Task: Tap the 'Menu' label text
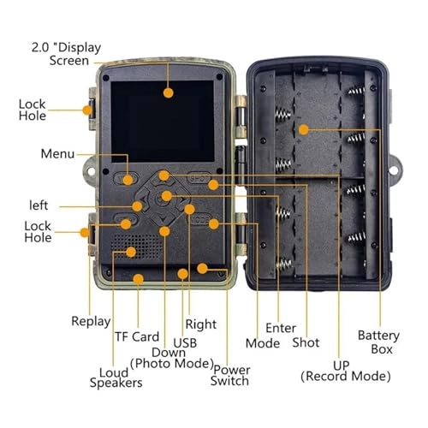tap(57, 154)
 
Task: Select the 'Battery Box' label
tap(377, 342)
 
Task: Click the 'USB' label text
tap(185, 343)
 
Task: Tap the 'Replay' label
tap(90, 321)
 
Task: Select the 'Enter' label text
tap(280, 327)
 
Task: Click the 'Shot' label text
tap(306, 342)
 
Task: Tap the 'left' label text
tap(38, 205)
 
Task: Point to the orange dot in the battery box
tap(303, 129)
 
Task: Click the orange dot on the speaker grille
tap(131, 251)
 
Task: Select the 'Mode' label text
tap(262, 342)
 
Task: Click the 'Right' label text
tap(201, 324)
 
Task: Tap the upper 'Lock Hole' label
tap(33, 110)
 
